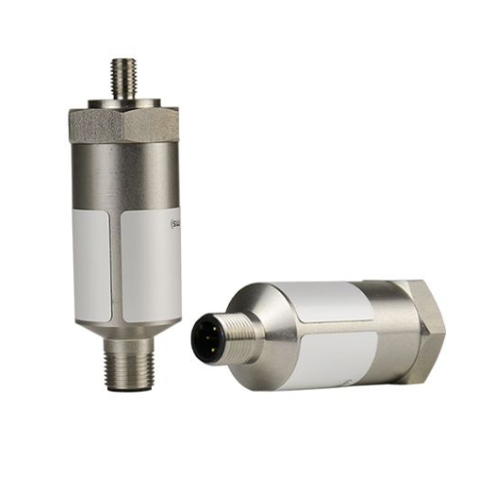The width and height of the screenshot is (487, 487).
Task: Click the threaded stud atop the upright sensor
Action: (x=124, y=77)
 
